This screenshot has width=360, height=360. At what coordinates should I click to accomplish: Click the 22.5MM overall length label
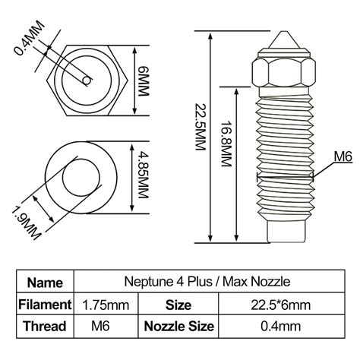[200, 137]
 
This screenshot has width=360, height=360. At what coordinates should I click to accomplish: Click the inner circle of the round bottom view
[79, 178]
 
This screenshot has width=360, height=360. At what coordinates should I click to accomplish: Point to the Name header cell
[46, 283]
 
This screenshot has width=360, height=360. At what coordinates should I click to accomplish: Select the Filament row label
[46, 305]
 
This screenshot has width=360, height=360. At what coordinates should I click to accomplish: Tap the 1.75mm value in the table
[106, 305]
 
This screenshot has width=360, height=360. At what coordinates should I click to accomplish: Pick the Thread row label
[46, 327]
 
